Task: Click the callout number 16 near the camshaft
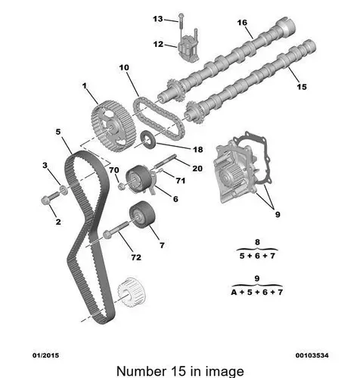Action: point(242,23)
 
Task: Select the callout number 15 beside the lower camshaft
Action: point(302,87)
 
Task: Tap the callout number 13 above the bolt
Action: point(158,19)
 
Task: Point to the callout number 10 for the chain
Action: point(124,67)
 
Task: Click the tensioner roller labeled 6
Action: point(139,178)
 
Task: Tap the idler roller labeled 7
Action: point(142,215)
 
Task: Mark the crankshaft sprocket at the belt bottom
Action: point(132,293)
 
